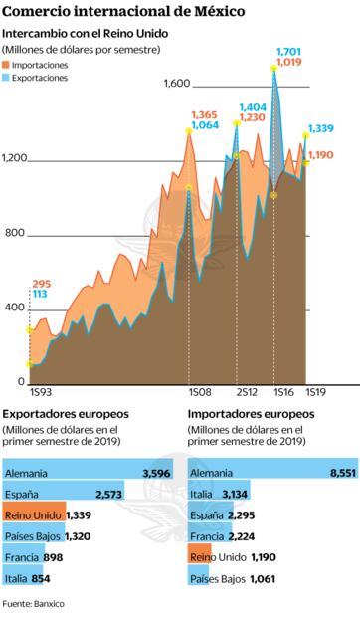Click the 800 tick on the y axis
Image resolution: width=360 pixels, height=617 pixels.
pos(13,234)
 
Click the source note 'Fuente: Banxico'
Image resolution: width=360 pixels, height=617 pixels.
pos(36,603)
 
